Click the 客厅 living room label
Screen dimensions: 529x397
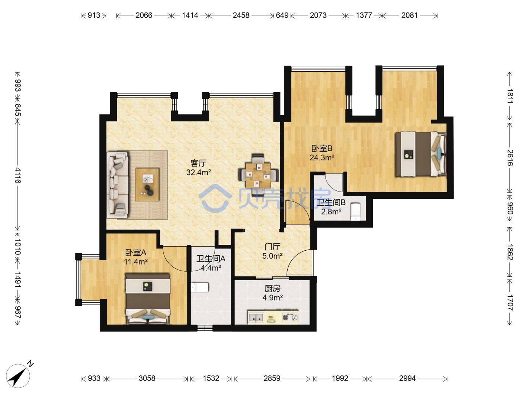coord(198,164)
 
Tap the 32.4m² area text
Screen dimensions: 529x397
coord(199,172)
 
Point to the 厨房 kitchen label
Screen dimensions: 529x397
coord(272,289)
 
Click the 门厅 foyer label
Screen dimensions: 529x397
coord(272,247)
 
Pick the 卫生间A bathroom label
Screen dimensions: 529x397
coord(210,259)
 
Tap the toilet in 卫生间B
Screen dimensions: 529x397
coord(356,212)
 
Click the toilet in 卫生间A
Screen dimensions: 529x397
coord(199,287)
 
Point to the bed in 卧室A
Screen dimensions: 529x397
coord(148,298)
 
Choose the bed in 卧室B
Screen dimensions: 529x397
coord(421,154)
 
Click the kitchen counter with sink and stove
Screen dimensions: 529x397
coord(273,317)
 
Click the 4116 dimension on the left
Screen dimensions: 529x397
coord(18,175)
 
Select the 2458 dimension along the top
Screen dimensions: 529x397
coord(241,15)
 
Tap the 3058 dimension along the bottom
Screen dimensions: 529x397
coord(147,378)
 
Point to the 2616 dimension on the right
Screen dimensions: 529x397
coord(510,158)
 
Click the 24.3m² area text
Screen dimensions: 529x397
coord(322,158)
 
